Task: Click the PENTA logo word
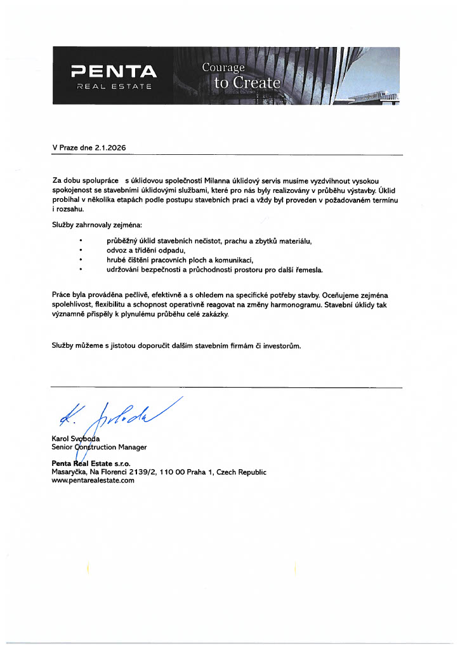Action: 114,70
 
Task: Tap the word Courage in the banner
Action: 223,67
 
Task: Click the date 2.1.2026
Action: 110,147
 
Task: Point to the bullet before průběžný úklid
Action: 81,242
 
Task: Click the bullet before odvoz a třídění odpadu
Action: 81,251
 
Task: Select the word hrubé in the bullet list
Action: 117,260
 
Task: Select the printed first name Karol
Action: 62,438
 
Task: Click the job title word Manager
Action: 133,447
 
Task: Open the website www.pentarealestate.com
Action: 93,481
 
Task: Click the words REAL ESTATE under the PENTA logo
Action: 114,86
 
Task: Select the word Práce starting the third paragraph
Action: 62,296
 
